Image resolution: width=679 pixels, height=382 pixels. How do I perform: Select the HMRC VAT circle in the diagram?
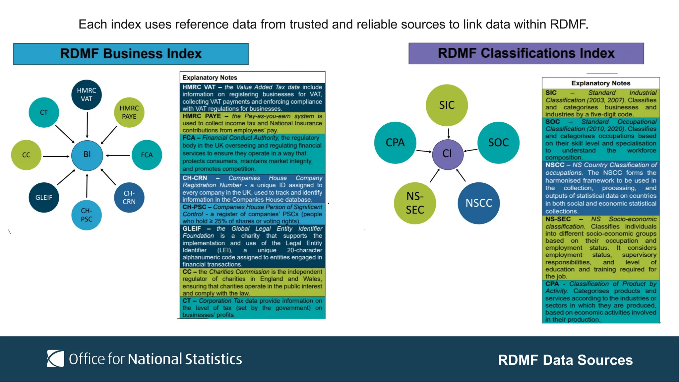[x=87, y=95]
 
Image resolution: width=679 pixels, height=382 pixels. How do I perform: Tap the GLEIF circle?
[x=44, y=197]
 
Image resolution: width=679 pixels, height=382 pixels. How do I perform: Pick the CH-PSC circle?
[x=87, y=215]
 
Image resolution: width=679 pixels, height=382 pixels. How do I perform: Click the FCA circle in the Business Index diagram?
[x=147, y=155]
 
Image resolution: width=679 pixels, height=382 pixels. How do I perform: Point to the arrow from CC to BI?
[x=56, y=156]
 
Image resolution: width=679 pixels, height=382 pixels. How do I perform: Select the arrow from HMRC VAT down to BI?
[x=87, y=125]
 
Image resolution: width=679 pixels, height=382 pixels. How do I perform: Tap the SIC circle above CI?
[x=447, y=105]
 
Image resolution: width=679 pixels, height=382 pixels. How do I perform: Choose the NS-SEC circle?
[x=415, y=203]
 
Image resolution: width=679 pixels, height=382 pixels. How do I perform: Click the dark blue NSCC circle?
[x=478, y=203]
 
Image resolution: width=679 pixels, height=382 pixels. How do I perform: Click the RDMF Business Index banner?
[x=131, y=54]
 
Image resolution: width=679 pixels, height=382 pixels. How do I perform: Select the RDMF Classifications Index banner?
[x=526, y=53]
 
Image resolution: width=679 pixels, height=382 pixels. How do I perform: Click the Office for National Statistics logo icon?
[x=55, y=358]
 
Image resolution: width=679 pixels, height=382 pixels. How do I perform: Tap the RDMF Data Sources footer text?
[x=565, y=360]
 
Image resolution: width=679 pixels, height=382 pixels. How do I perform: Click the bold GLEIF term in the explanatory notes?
[x=192, y=228]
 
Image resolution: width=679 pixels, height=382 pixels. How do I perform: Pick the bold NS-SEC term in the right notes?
[x=558, y=219]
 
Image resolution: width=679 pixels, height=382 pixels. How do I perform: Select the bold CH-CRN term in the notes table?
[x=195, y=178]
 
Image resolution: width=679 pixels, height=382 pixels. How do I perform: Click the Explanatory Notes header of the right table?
[x=600, y=83]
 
